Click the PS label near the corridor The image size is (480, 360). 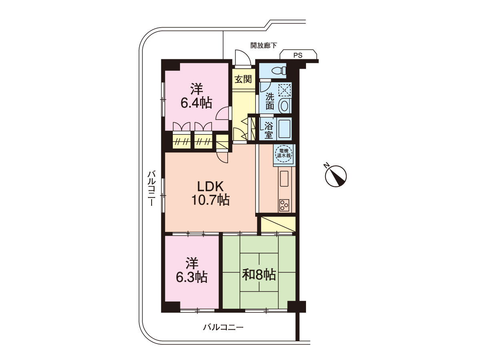coord(298,55)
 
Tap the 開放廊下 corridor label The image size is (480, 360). coord(264,46)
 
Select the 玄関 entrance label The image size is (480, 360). coord(243,79)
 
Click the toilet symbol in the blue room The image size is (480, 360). coord(278,71)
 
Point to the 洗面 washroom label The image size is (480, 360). coord(270,102)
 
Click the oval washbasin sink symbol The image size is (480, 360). coord(284,106)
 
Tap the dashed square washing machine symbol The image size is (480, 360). coord(284,90)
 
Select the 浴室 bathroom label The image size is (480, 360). coord(268,130)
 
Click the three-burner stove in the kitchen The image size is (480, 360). coord(284,205)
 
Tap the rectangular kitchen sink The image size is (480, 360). coord(284,178)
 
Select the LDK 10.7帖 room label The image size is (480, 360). coord(210,193)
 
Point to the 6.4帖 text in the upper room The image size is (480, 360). coord(196,103)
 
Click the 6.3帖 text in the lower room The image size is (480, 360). coord(191,278)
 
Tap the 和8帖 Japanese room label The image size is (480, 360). coord(259,275)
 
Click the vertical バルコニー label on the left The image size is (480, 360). coord(151,188)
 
